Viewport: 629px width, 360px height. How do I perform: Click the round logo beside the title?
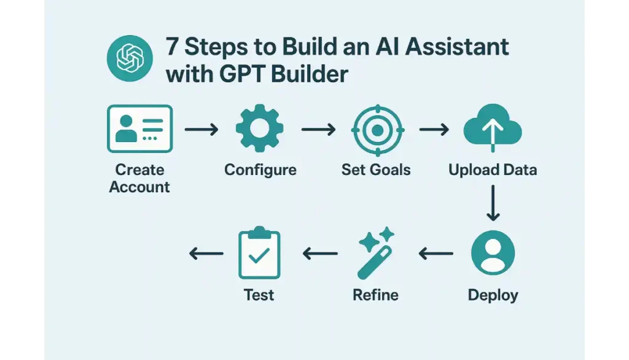130,58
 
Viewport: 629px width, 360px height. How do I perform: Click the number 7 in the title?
172,47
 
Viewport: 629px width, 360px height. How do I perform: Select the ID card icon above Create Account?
140,129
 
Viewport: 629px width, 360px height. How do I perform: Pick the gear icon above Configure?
260,128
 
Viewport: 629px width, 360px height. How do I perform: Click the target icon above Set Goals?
378,130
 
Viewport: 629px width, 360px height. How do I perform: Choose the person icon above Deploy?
493,252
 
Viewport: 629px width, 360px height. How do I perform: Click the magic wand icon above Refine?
376,253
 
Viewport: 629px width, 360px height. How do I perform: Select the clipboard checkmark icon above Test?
259,253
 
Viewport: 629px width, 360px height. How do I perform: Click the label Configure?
260,170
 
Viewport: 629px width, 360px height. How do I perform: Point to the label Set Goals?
376,170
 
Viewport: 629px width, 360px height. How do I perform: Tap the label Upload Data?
493,170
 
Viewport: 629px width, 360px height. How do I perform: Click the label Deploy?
493,295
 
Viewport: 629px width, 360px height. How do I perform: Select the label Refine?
375,295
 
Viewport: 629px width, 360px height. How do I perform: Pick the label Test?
259,295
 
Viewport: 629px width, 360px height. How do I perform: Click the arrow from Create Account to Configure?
201,129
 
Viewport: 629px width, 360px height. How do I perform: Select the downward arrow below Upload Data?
493,203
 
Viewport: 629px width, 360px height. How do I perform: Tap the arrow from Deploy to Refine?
436,253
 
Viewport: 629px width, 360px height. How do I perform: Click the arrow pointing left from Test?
206,253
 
